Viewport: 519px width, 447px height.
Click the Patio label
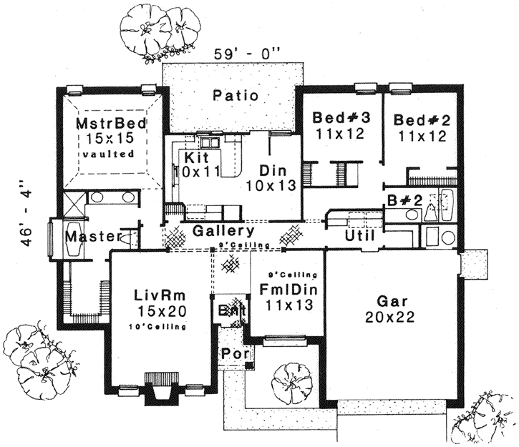[x=236, y=95]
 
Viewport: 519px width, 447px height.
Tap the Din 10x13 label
[x=273, y=178]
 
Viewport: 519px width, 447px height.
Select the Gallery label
[x=222, y=232]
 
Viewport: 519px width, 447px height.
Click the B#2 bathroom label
[x=398, y=200]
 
